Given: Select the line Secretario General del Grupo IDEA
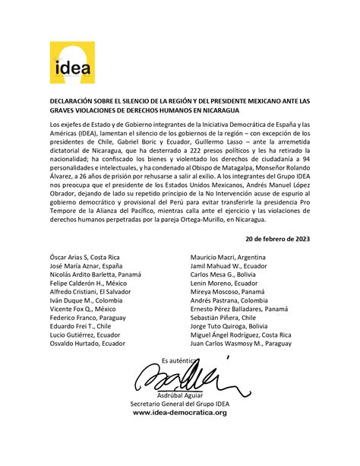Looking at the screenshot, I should (x=180, y=403).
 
